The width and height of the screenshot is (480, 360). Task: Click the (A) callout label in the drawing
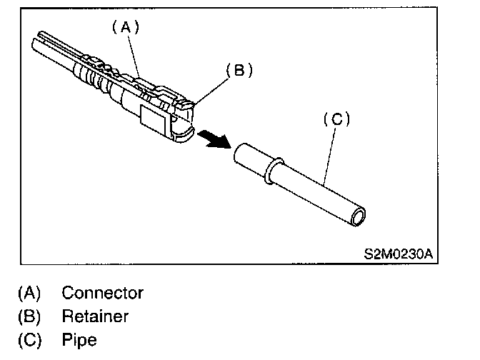click(124, 28)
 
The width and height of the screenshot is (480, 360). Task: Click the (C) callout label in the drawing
click(337, 119)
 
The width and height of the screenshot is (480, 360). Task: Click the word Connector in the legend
click(102, 292)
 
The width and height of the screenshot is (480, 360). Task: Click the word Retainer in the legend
click(95, 316)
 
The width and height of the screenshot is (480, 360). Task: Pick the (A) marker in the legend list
click(29, 292)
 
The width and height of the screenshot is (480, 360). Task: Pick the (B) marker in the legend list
click(29, 316)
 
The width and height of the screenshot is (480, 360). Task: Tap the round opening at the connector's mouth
click(184, 131)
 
